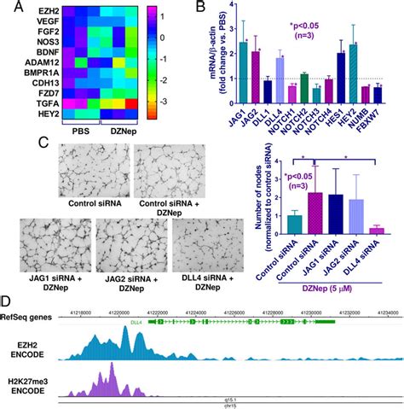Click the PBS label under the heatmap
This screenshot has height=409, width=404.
click(84, 129)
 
